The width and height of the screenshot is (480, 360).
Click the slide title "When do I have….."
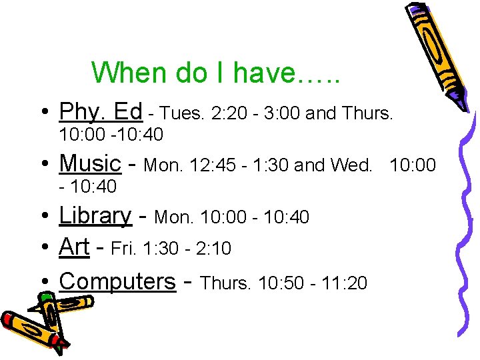(x=216, y=73)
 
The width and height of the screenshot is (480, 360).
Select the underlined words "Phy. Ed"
(x=101, y=111)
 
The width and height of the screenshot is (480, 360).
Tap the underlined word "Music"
(x=90, y=163)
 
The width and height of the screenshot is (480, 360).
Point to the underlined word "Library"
(x=95, y=215)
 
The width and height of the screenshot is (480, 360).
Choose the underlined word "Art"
(x=74, y=247)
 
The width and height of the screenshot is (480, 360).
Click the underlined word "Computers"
(x=117, y=281)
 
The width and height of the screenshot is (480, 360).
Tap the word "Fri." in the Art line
(x=123, y=249)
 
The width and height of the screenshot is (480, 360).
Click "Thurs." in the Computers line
(x=225, y=283)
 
